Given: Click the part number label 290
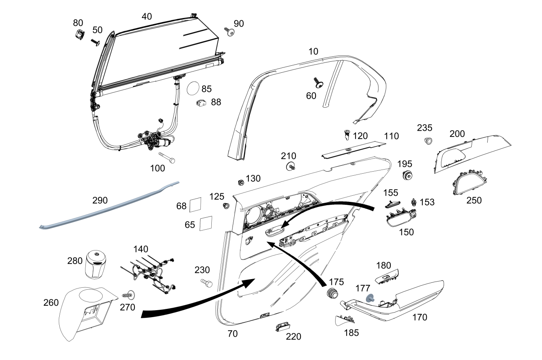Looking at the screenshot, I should click(x=100, y=200).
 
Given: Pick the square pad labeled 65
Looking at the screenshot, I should click(x=206, y=224).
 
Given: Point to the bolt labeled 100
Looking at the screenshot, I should click(x=166, y=157).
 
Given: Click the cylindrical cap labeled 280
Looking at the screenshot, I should click(x=97, y=264).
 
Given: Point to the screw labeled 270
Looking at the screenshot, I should click(x=129, y=294).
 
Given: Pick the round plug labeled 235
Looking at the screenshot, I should click(x=428, y=141).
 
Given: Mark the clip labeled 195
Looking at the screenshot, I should click(x=407, y=176).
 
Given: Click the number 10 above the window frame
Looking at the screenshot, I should click(x=313, y=51).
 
